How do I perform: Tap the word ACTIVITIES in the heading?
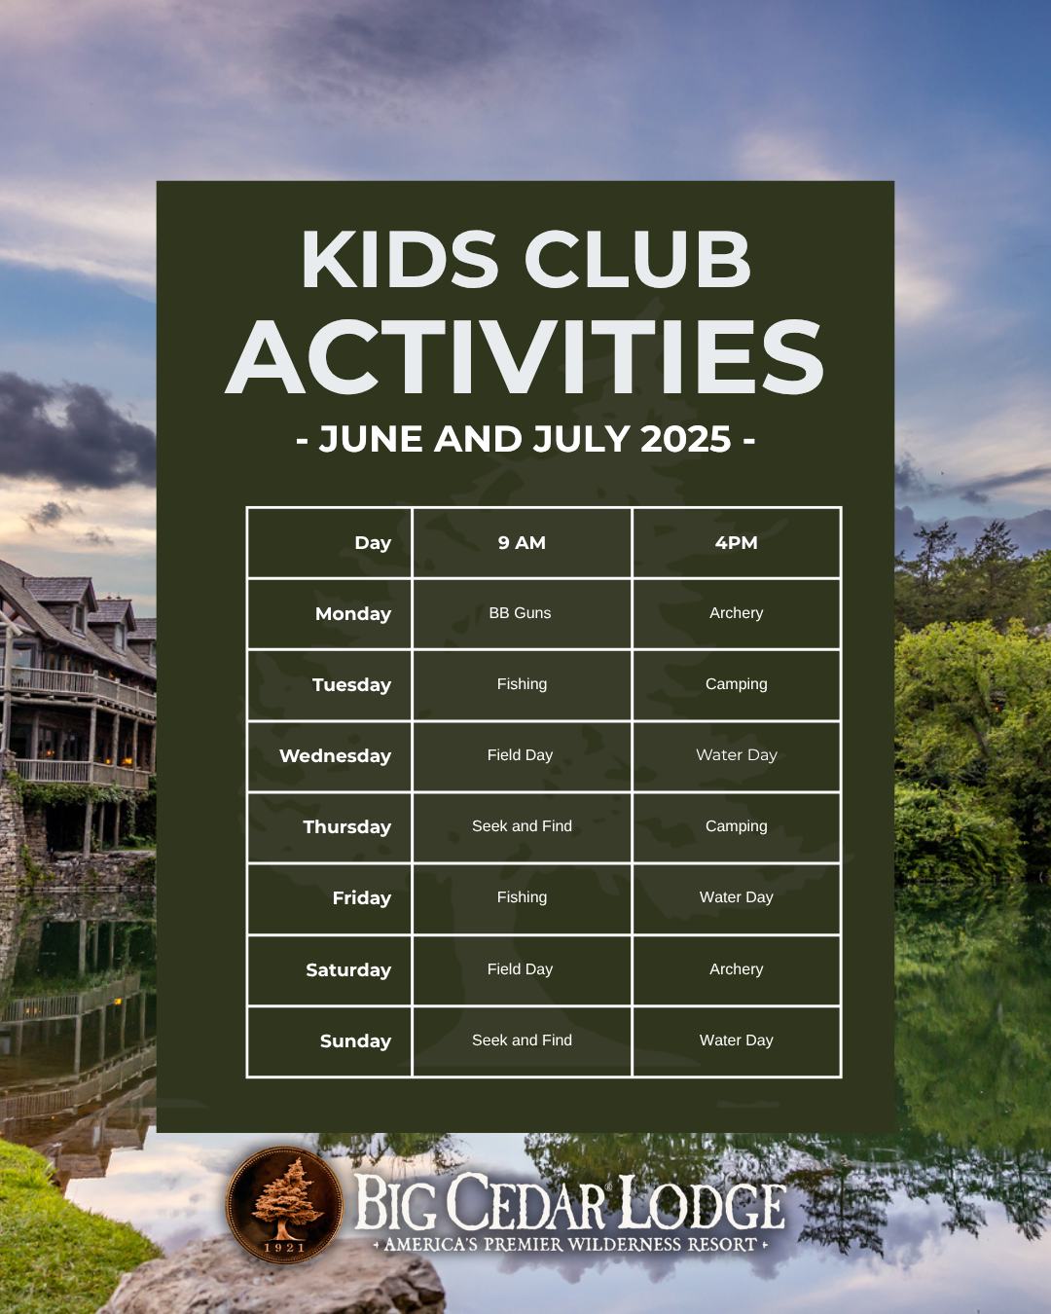(525, 357)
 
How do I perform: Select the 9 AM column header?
(522, 542)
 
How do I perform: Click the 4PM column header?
(736, 542)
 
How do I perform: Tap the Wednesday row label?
(336, 755)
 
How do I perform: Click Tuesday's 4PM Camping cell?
(736, 684)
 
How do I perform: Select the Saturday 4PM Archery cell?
(736, 969)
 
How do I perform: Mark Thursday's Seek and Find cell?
(522, 826)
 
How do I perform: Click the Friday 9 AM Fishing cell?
(522, 897)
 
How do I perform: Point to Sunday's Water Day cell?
(736, 1040)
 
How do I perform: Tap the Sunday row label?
(355, 1040)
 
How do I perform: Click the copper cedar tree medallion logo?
(284, 1203)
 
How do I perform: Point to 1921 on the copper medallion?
(284, 1247)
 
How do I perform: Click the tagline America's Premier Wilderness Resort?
(569, 1244)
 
